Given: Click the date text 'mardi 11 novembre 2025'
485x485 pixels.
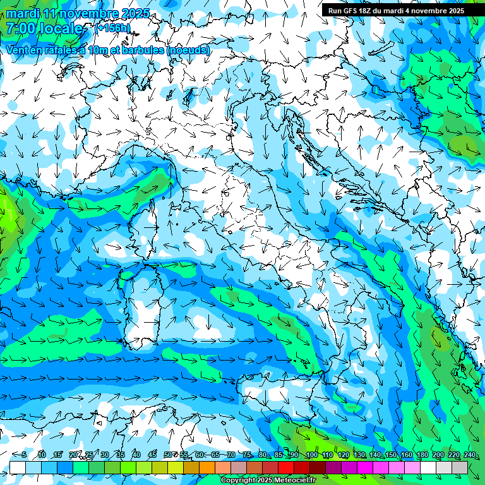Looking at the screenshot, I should [78, 13].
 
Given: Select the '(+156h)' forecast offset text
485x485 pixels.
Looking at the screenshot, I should [112, 28].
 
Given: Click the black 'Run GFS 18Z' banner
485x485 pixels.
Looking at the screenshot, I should [396, 10].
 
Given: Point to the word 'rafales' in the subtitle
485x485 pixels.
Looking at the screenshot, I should [71, 50].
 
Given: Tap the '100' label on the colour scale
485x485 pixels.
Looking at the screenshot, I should [311, 455].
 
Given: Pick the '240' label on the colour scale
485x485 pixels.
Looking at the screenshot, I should [469, 455].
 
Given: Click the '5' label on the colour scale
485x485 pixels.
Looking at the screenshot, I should [23, 455].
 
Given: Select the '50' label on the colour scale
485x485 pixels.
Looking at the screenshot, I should [168, 455].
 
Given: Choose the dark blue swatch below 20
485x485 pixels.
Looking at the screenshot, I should [65, 467].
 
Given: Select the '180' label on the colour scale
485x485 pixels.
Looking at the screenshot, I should [422, 455].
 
